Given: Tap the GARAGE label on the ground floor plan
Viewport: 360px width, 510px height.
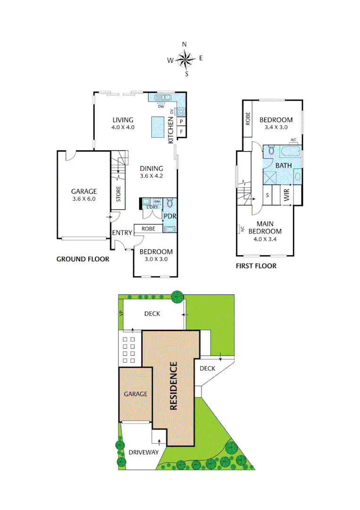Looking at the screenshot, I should click(84, 191).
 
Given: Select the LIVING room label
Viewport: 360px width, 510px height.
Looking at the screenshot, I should click(123, 120).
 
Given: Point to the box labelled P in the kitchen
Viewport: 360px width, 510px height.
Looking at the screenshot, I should click(181, 121).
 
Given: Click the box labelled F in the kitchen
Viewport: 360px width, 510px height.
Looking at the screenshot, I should click(181, 131).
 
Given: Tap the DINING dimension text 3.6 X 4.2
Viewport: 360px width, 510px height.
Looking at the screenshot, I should click(151, 176).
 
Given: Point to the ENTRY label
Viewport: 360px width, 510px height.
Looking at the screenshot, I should click(122, 232).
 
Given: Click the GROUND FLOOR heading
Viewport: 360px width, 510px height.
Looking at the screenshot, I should click(83, 259).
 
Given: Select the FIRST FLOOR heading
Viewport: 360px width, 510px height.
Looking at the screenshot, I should click(256, 266).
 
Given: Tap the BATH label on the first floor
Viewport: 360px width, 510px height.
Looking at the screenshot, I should click(283, 165).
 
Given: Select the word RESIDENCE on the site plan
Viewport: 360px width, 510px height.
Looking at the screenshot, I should click(173, 385).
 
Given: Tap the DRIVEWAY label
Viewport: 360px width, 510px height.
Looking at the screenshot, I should click(143, 452).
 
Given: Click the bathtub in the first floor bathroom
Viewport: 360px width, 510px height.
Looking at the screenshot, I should click(290, 153).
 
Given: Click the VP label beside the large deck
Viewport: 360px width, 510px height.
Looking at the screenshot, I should click(121, 314).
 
